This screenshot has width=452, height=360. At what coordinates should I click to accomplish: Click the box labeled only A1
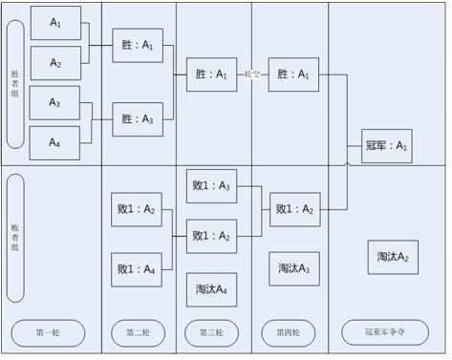(55, 23)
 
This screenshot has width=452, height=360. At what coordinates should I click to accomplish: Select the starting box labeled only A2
(55, 63)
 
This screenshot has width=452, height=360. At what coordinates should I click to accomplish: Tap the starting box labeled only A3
(54, 103)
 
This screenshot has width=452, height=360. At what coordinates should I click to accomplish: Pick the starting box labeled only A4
(54, 143)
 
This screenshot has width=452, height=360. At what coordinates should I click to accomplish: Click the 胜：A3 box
(138, 119)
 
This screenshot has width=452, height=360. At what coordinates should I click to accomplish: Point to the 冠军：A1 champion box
(387, 146)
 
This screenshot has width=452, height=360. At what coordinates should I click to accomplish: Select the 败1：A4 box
(137, 270)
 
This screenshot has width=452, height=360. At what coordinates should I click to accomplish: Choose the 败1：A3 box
(211, 186)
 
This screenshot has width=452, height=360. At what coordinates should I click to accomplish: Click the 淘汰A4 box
(211, 289)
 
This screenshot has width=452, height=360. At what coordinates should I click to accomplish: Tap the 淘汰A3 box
(294, 269)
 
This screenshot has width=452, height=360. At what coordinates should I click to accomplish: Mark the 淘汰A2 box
(393, 257)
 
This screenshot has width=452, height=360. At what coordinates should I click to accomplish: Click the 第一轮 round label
(48, 333)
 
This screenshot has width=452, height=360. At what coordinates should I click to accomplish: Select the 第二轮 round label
(139, 333)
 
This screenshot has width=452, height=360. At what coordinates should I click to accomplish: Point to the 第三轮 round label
(211, 333)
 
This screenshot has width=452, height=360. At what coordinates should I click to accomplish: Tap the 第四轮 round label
(289, 333)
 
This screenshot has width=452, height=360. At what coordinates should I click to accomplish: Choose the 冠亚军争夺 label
(385, 332)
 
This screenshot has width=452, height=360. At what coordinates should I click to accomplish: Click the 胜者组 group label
(15, 84)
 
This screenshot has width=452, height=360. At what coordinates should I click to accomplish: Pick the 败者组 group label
(15, 238)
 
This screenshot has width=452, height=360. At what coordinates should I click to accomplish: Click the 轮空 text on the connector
(252, 74)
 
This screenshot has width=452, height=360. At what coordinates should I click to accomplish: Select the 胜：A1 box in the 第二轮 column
(138, 46)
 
